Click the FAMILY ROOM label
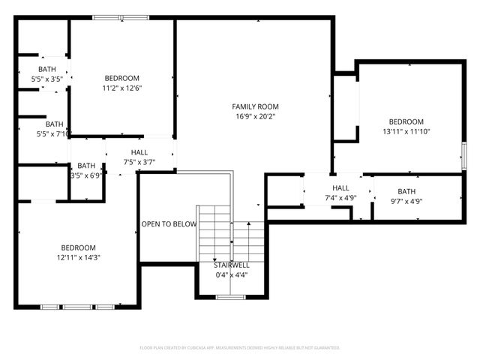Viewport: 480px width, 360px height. point(255,106)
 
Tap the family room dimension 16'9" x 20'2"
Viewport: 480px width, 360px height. point(255,116)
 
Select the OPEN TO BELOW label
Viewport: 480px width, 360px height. point(169,224)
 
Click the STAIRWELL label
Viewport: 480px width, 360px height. point(231,265)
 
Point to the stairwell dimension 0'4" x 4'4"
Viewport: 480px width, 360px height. point(231,274)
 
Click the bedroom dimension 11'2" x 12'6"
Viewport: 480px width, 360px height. point(121,88)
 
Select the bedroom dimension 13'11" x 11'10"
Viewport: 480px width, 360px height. point(406,131)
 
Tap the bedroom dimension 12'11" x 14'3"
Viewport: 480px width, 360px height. point(78,257)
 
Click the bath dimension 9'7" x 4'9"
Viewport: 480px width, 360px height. point(406,201)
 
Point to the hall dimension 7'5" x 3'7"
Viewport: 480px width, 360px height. point(139,161)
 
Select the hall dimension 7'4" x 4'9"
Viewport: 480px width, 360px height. point(340,198)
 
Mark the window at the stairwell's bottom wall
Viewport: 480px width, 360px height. point(230,298)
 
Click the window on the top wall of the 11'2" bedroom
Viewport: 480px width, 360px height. point(121,17)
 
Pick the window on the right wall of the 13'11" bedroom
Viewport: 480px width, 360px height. point(463,157)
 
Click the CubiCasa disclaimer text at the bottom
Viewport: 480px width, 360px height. point(240,348)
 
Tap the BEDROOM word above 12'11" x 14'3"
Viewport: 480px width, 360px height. point(78,248)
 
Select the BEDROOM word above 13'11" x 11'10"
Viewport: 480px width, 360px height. point(406,121)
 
